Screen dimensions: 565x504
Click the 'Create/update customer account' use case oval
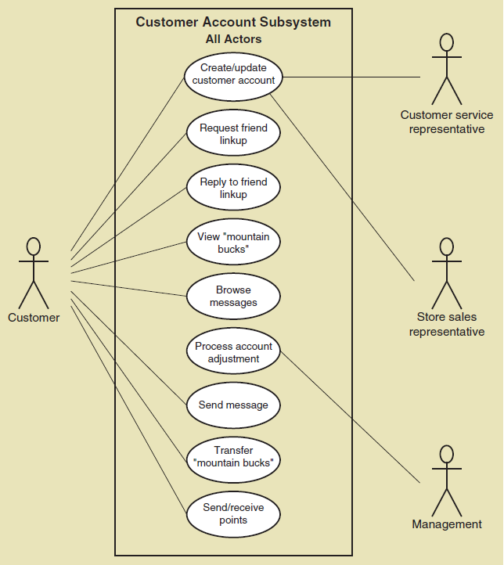tap(233, 74)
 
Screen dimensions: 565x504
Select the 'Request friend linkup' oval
tap(233, 134)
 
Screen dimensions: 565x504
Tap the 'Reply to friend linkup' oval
tap(233, 189)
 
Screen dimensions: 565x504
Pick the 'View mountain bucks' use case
tap(233, 243)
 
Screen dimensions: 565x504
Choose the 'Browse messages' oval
tap(233, 297)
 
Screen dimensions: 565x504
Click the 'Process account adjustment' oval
tap(233, 352)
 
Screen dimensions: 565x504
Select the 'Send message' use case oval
tap(233, 405)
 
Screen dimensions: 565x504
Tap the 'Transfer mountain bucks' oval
tap(233, 457)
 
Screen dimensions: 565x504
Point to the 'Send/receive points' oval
tap(233, 513)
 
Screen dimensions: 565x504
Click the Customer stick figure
tap(33, 273)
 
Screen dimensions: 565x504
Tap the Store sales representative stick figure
tap(446, 273)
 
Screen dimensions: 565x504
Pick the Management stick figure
tap(446, 480)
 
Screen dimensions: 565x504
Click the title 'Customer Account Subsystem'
tap(233, 22)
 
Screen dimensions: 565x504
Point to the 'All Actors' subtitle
tap(233, 39)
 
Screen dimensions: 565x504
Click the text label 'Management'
tap(447, 524)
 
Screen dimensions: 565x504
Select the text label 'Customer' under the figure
tap(34, 318)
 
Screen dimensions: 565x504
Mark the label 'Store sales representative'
tap(447, 324)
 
